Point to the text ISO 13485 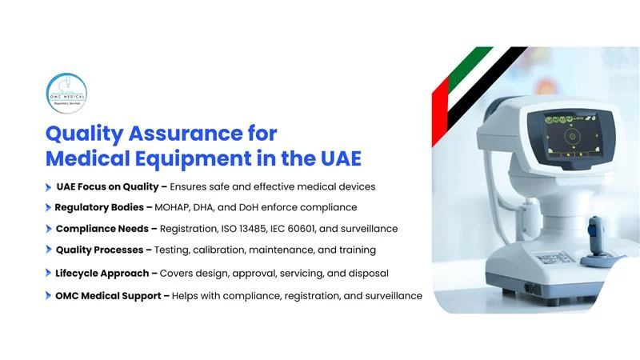[x=279, y=229]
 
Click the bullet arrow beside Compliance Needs [x=49, y=229]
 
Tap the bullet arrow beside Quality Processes [x=49, y=250]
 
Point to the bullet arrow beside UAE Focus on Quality [x=49, y=186]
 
